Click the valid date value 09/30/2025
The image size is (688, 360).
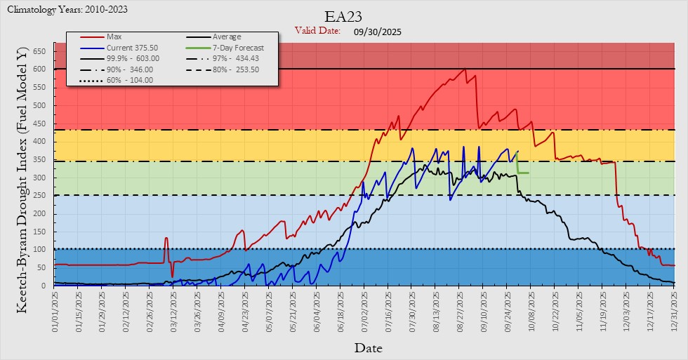coord(378,31)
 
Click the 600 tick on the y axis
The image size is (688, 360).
coord(39,69)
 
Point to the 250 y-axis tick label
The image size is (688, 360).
coord(39,195)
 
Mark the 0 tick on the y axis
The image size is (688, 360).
coord(44,286)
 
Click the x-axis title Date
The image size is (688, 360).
coord(368,347)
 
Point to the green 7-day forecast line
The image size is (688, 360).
coord(523,173)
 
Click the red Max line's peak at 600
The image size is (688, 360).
coord(464,69)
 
